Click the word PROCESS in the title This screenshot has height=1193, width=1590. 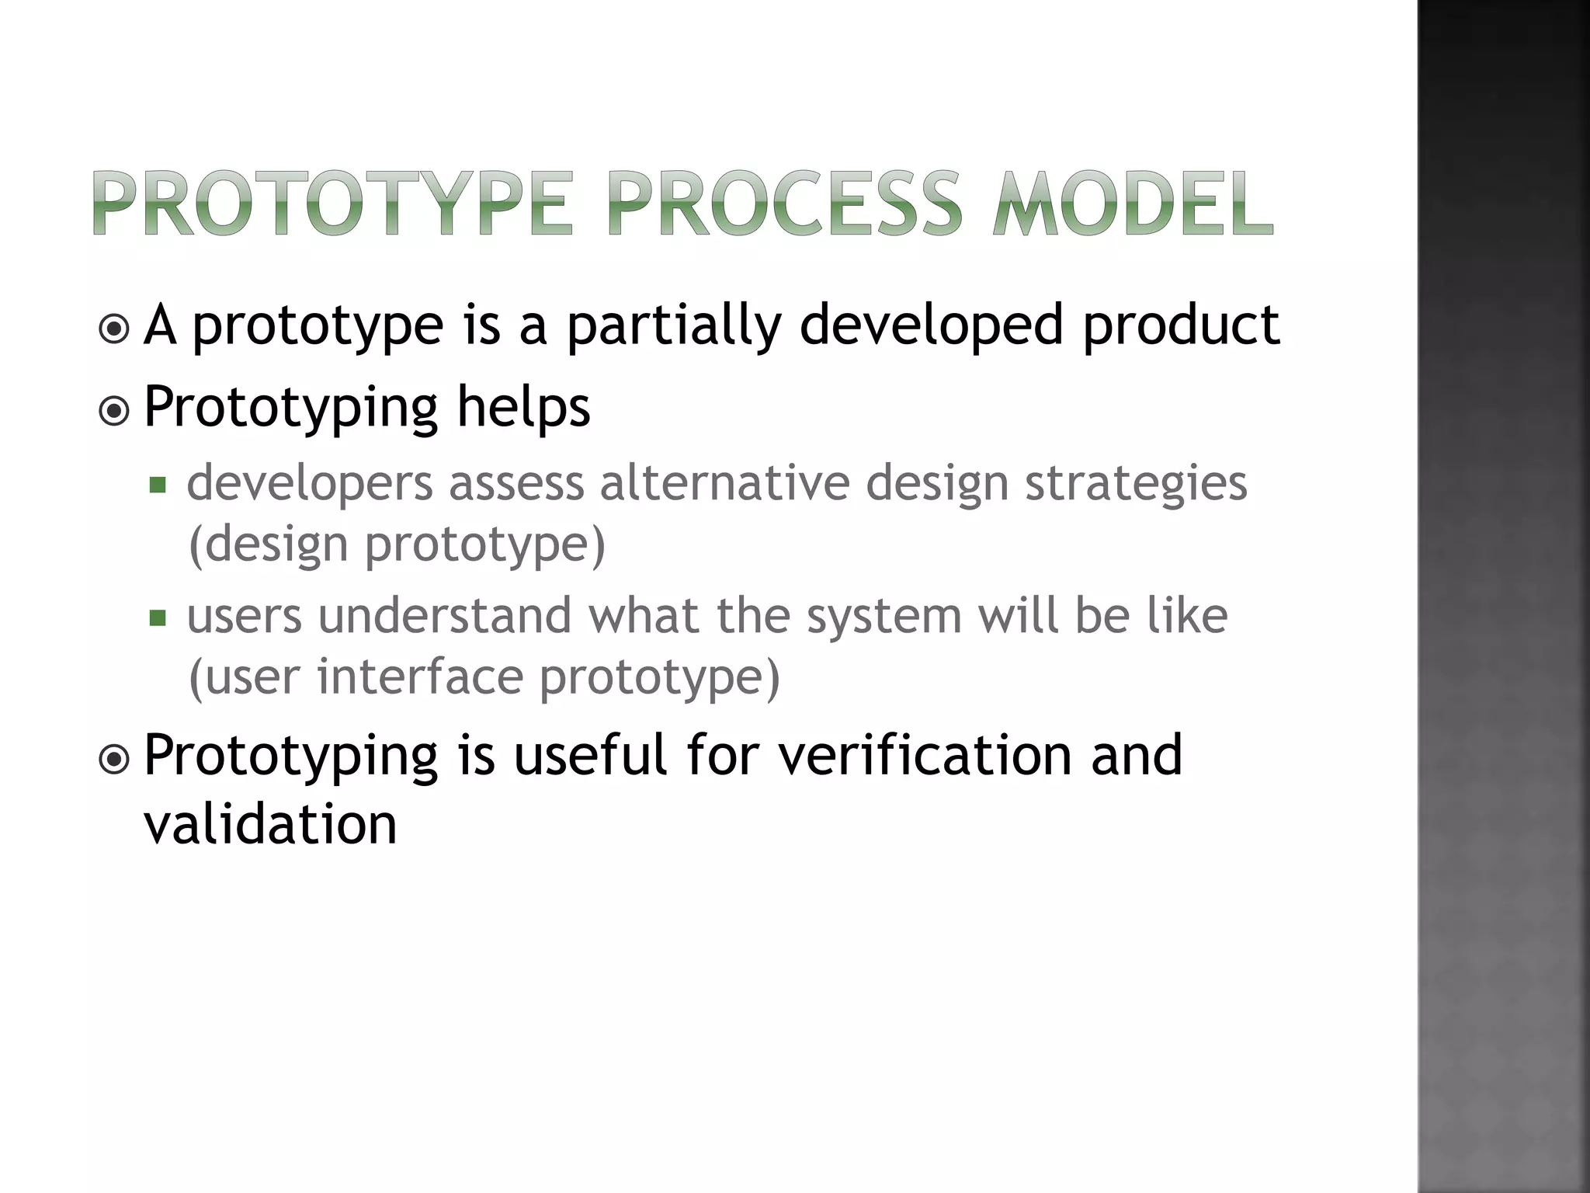click(784, 203)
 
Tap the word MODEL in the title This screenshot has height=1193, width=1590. click(1133, 203)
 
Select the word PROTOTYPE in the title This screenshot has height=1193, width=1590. click(333, 203)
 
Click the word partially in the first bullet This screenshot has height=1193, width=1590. click(673, 326)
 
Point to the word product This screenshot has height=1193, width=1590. click(1181, 326)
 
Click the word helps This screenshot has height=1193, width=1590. click(523, 407)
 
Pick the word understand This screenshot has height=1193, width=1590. click(445, 616)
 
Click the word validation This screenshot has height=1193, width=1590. click(270, 824)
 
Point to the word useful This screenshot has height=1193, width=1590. click(590, 755)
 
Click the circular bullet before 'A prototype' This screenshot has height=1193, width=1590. click(115, 329)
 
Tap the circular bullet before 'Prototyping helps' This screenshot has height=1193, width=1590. click(115, 411)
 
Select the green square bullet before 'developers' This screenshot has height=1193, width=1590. click(158, 486)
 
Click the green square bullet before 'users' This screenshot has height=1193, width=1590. click(158, 618)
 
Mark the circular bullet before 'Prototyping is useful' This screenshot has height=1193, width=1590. click(115, 759)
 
